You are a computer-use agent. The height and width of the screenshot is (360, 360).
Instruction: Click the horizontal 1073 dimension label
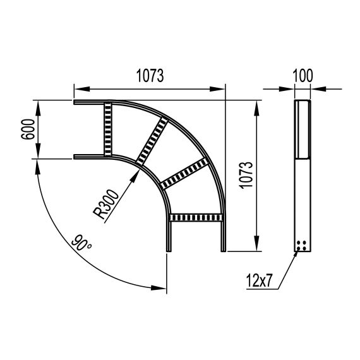150,76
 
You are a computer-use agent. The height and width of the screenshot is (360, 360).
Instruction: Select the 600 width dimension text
28,129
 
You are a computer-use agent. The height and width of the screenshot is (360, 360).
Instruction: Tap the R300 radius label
106,204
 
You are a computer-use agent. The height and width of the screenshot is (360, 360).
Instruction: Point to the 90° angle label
81,243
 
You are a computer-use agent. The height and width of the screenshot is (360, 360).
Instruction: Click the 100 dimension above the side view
303,76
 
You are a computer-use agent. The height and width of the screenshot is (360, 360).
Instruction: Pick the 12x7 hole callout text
259,280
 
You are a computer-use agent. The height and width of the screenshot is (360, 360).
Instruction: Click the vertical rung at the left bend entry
108,129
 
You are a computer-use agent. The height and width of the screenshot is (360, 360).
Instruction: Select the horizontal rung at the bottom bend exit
196,217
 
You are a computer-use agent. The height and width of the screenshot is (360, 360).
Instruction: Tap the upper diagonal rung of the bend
152,141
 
